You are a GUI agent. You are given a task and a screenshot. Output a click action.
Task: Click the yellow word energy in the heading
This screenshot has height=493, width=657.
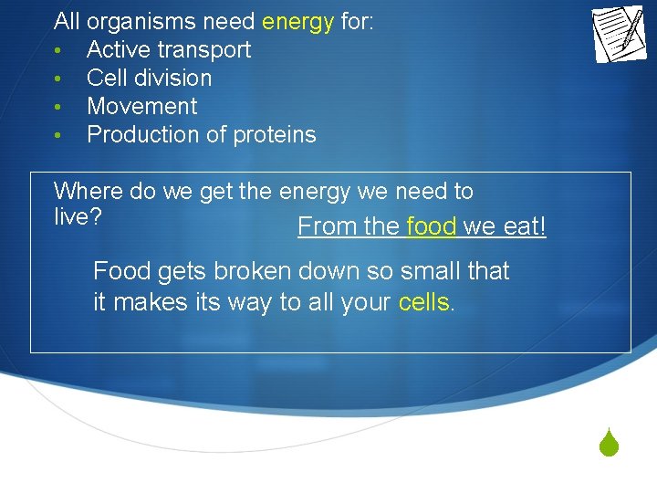tap(297, 22)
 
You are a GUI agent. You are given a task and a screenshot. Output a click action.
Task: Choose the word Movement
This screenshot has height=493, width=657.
tap(141, 106)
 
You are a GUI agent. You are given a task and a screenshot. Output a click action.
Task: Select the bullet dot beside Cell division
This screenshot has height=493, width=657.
tap(57, 79)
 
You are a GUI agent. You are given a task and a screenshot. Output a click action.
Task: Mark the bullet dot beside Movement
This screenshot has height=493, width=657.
tap(57, 107)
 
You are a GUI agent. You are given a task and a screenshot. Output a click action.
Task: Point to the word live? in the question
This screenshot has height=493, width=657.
tap(77, 218)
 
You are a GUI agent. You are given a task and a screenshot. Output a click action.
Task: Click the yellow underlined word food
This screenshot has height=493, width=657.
tap(431, 226)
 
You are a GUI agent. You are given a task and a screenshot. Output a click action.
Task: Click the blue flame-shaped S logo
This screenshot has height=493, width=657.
tap(610, 444)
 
